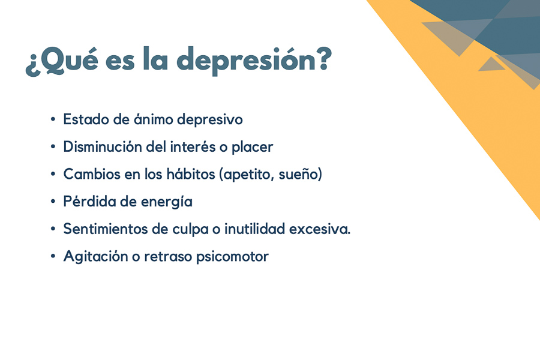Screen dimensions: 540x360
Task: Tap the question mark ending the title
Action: coord(324,59)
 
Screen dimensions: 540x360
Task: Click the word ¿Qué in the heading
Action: coord(62,61)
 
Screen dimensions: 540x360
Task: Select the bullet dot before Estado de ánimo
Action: coord(53,119)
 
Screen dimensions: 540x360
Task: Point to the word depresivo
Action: coord(210,120)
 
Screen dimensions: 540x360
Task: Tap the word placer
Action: coord(252,148)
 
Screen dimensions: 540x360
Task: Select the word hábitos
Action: coord(191,174)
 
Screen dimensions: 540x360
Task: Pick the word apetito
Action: coord(247,175)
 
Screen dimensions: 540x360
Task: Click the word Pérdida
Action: coord(89,202)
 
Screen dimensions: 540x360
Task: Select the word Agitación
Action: coord(96,257)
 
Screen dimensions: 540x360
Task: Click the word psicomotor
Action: coord(232,257)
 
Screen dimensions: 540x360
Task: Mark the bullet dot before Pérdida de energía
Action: coord(53,202)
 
